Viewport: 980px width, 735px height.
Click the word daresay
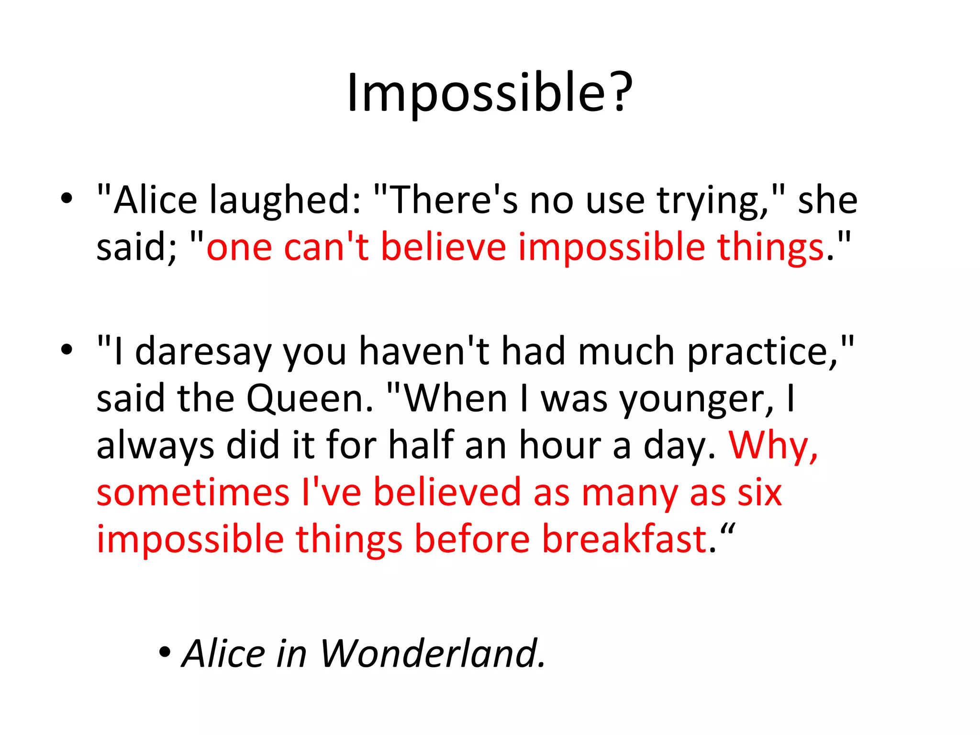click(x=203, y=351)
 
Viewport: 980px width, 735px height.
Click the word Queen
click(x=309, y=398)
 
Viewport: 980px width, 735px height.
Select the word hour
click(x=560, y=445)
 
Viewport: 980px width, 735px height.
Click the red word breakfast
click(x=624, y=539)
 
